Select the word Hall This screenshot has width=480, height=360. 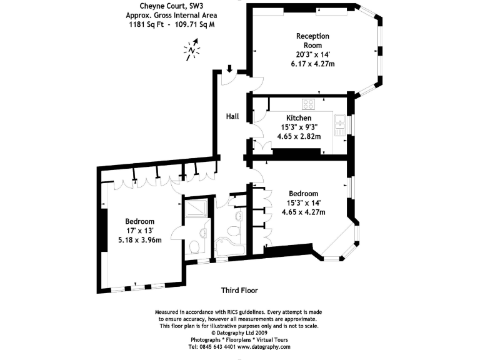pos(232,116)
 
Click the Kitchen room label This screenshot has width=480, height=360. pos(299,118)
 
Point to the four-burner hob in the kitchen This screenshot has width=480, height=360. pos(309,103)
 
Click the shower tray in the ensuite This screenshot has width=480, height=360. pos(196,209)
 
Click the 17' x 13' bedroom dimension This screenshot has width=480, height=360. pos(139,231)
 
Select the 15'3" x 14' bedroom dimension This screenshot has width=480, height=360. pos(303,203)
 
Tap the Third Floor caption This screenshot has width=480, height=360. pos(239,291)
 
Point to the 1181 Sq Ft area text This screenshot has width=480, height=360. pos(140,24)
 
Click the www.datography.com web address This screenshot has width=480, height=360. pos(264,347)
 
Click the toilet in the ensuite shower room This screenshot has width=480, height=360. pos(195,246)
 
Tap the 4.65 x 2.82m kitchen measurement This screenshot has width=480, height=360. pos(299,137)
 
